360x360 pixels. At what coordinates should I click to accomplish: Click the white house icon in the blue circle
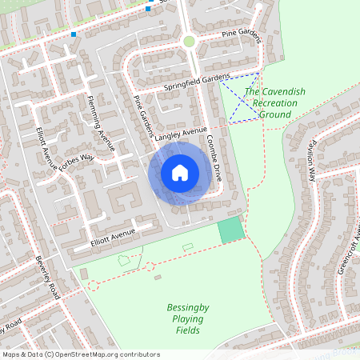click(179, 172)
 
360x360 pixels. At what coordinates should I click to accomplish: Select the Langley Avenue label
click(181, 133)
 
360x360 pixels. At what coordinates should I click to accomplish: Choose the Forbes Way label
click(77, 163)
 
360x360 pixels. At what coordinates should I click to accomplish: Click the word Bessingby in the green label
click(187, 307)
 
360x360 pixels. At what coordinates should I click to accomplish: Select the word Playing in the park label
click(187, 318)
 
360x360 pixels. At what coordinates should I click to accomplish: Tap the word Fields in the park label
click(187, 330)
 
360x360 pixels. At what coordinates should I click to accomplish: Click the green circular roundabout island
click(189, 41)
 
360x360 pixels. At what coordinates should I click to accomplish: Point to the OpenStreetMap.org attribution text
click(105, 354)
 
